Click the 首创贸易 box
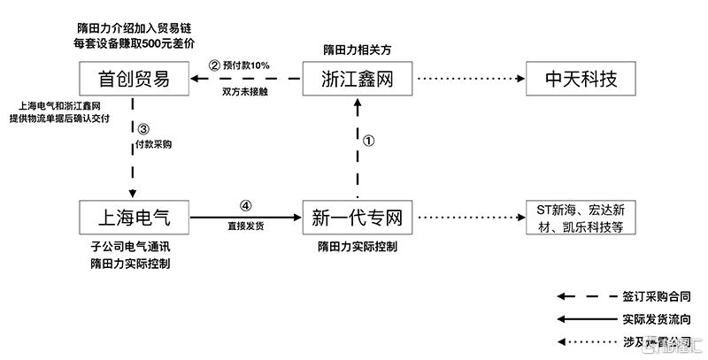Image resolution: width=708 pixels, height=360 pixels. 132,80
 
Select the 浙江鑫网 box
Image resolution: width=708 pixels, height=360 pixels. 358,80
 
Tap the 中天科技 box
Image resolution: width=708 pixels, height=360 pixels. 581,80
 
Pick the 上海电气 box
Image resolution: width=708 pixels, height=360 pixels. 132,216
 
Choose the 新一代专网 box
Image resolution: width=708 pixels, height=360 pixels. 358,216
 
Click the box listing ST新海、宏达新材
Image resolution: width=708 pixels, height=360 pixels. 581,216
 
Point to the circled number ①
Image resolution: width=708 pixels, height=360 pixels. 370,140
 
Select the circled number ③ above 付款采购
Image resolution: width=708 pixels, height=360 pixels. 143,128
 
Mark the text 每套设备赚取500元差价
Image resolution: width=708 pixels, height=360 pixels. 134,42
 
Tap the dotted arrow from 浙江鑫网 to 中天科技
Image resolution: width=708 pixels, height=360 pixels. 469,80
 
